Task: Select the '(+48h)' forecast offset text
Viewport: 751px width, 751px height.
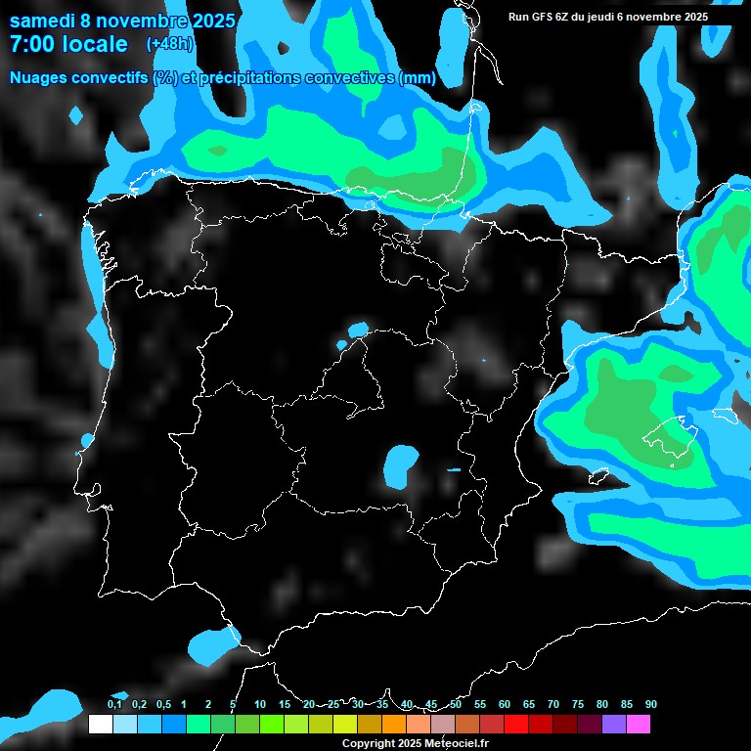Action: coord(169,44)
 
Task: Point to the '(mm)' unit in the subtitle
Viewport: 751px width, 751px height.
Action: coord(417,77)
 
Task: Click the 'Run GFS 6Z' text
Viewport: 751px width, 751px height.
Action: coord(541,17)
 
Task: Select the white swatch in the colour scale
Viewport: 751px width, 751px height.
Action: coord(100,724)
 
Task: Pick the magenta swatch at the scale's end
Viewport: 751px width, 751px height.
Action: coord(638,724)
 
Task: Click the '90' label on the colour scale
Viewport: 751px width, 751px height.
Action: coord(650,704)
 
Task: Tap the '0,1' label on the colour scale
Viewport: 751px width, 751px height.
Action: coord(114,704)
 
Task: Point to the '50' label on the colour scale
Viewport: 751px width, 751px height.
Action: coord(456,704)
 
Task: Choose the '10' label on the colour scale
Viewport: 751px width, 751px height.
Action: coord(260,704)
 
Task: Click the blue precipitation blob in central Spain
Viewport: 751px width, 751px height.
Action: coord(399,464)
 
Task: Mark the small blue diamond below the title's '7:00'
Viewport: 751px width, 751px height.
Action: coord(76,115)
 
